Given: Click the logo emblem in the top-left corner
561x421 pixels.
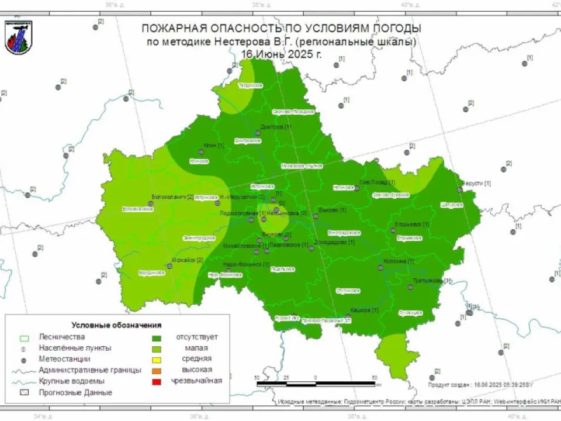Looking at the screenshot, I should (18, 37).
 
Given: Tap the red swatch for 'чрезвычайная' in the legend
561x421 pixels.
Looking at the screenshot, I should (157, 381).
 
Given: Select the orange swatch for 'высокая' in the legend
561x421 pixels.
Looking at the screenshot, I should (157, 370).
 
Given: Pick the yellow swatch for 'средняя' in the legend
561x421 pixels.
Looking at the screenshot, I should (157, 359).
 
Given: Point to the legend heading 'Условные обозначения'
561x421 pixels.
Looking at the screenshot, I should (116, 325).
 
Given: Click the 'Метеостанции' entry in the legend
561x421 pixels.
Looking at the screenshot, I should (64, 359).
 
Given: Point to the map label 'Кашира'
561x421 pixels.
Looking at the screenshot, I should (361, 310).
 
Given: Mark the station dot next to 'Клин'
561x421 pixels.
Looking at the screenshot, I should (202, 152).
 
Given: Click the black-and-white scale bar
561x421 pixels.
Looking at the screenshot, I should (316, 384).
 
